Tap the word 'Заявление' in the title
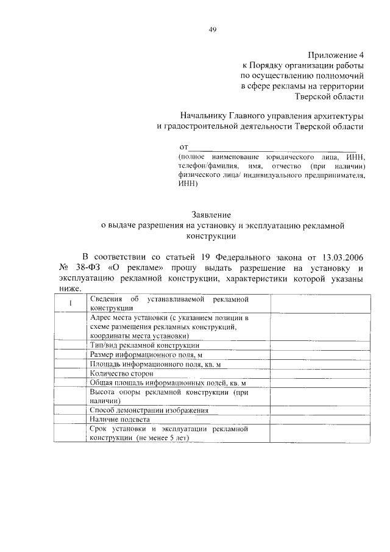pos(211,215)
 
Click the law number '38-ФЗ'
pos(90,268)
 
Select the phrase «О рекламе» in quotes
pos(136,268)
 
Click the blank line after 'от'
pos(272,148)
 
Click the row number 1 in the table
pos(71,304)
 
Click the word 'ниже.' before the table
pos(69,289)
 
